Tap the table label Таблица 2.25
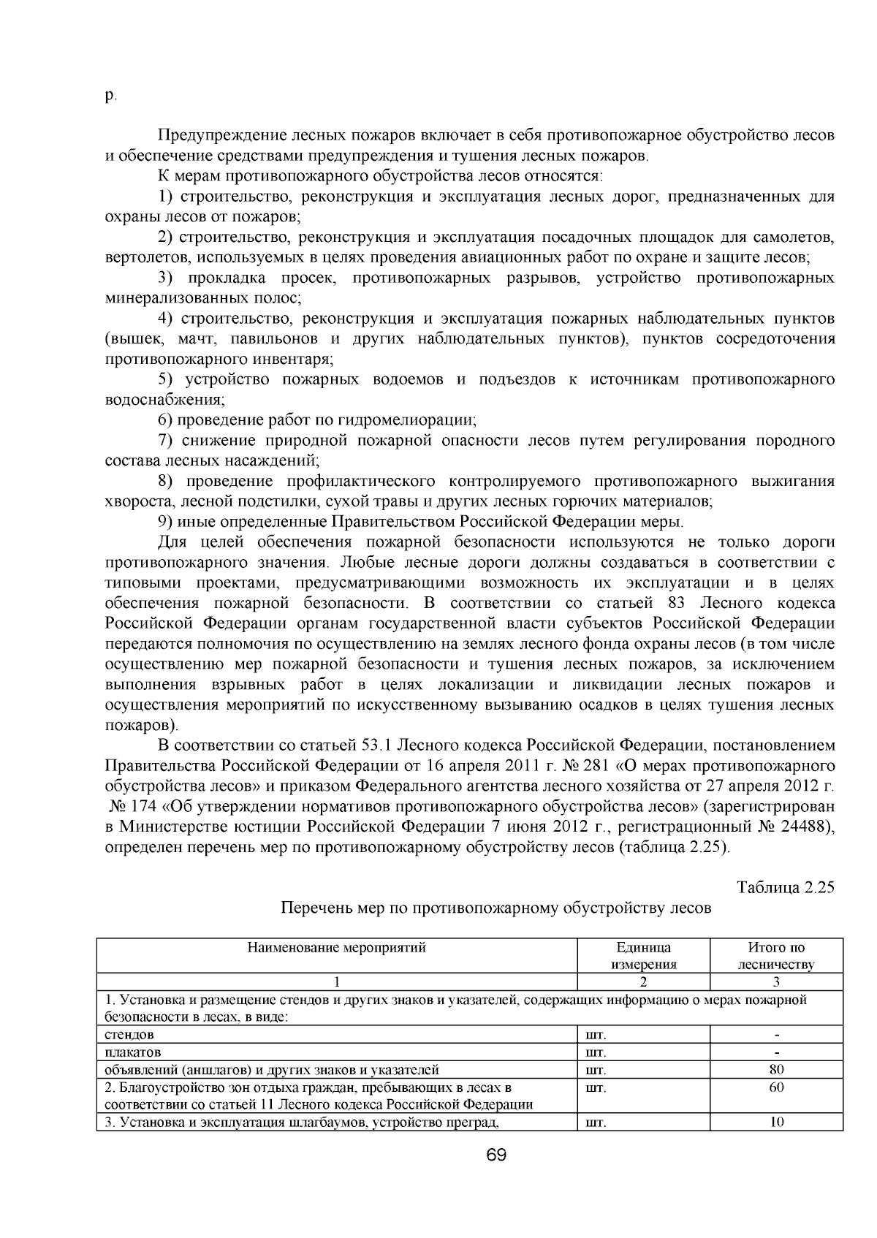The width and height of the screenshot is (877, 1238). (786, 887)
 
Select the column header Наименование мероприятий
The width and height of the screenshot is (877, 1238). (337, 948)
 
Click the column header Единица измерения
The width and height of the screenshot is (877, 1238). (643, 956)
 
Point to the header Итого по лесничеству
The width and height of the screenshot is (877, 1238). (776, 956)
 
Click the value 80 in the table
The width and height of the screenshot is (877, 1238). (776, 1070)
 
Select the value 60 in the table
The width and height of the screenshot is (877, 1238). (776, 1087)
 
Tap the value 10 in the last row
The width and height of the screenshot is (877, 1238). (776, 1122)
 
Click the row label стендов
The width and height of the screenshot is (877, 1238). (129, 1035)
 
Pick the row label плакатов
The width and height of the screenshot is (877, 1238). (133, 1052)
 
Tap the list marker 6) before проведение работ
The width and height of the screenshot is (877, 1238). (166, 420)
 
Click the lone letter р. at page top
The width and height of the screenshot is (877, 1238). (110, 96)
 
